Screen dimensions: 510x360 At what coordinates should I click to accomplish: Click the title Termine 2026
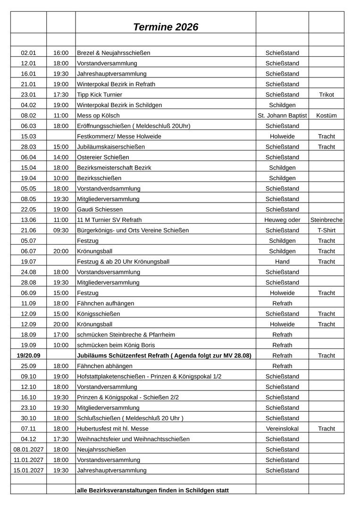166,27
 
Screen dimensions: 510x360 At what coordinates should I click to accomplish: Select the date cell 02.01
28,53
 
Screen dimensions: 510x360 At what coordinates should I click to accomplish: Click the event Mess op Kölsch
98,116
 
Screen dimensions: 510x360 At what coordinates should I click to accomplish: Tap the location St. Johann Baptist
282,116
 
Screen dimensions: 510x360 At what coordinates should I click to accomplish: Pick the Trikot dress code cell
326,94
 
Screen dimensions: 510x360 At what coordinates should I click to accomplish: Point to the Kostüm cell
326,116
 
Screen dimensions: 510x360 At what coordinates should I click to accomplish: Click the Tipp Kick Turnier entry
99,94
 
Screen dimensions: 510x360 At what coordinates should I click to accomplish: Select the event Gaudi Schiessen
100,209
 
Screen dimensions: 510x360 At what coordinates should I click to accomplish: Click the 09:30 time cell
61,230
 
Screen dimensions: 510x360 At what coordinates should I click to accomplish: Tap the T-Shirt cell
326,230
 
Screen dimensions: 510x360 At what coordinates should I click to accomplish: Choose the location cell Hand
282,262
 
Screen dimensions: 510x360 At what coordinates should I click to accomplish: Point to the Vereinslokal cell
282,429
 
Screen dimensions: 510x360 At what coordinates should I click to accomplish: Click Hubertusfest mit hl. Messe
112,429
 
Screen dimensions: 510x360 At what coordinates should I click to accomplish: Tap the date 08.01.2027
28,450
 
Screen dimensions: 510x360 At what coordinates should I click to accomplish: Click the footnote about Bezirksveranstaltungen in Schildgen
152,491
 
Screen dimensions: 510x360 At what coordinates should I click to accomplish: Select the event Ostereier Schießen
103,157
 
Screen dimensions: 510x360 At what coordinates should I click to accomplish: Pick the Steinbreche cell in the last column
327,220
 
